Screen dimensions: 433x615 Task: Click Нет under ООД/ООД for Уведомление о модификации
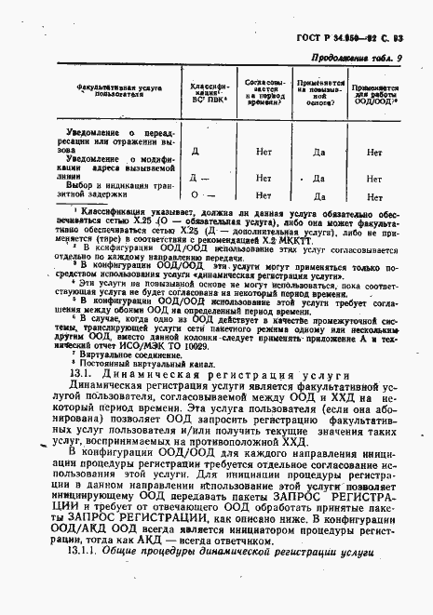click(374, 177)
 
